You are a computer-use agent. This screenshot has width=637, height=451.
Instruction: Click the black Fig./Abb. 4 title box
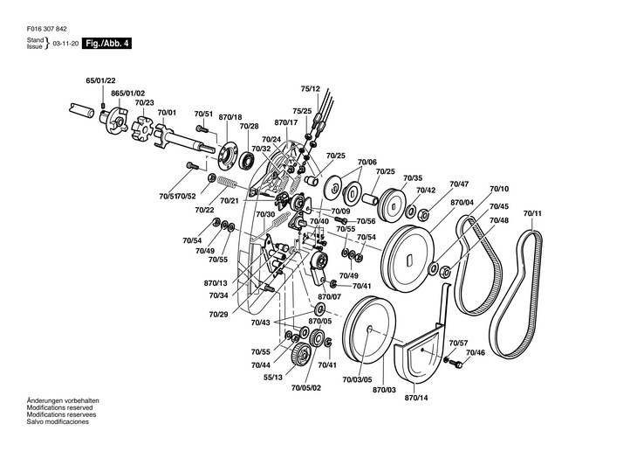pyautogui.click(x=106, y=43)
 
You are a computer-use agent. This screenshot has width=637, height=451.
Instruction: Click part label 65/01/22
pyautogui.click(x=100, y=80)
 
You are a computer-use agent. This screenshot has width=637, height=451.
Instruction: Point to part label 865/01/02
pyautogui.click(x=128, y=94)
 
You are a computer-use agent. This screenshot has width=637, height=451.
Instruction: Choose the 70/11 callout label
pyautogui.click(x=532, y=213)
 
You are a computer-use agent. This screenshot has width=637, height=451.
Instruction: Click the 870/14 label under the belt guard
pyautogui.click(x=416, y=398)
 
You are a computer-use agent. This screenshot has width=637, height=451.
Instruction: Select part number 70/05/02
pyautogui.click(x=306, y=388)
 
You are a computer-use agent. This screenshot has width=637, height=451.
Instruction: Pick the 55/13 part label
pyautogui.click(x=273, y=378)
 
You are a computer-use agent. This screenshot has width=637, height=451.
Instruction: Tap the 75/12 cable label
pyautogui.click(x=311, y=89)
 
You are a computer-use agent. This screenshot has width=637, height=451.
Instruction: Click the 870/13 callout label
pyautogui.click(x=216, y=283)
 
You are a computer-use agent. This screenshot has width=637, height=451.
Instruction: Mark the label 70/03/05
pyautogui.click(x=357, y=380)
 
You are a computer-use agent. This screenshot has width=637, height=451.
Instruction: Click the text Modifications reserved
pyautogui.click(x=59, y=407)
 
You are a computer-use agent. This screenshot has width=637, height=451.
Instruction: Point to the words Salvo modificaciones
pyautogui.click(x=58, y=421)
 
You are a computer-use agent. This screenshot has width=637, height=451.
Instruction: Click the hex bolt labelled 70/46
pyautogui.click(x=458, y=364)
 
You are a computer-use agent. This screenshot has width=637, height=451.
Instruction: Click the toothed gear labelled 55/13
pyautogui.click(x=300, y=354)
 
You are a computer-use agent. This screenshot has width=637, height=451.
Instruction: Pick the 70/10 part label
pyautogui.click(x=499, y=189)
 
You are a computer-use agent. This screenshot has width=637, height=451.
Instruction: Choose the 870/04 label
pyautogui.click(x=462, y=202)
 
